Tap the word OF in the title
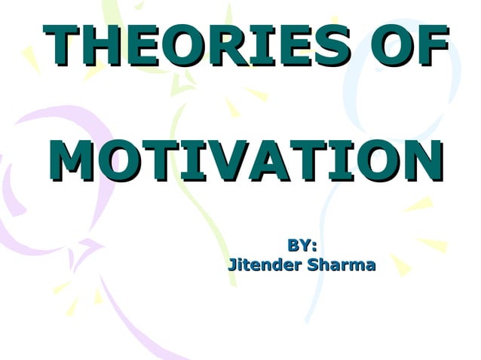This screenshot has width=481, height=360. (x=406, y=46)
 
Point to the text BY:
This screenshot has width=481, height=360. (x=302, y=245)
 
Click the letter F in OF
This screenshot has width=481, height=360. (x=431, y=46)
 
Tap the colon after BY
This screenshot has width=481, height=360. (x=313, y=246)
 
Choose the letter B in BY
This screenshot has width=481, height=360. (x=293, y=245)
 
